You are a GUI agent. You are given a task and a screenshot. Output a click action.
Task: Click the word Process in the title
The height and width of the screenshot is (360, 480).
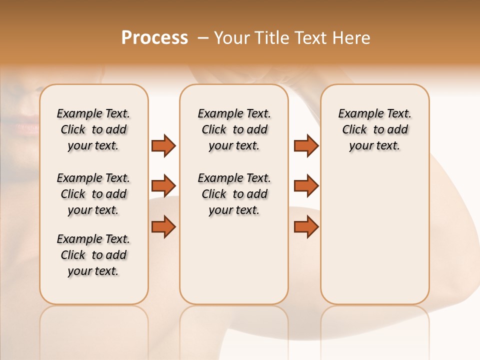154,38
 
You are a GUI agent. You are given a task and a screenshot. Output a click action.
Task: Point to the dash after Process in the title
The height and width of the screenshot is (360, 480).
202,38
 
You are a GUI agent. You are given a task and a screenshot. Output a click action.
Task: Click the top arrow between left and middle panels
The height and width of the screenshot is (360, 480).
163,145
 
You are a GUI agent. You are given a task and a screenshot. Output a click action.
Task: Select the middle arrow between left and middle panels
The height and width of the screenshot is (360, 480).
163,186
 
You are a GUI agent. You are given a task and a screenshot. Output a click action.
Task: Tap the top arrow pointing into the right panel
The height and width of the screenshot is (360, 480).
306,145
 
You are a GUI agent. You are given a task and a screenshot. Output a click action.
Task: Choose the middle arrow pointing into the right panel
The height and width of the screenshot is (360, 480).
306,186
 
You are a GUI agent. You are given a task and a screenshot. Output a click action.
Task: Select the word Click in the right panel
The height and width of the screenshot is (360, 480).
354,130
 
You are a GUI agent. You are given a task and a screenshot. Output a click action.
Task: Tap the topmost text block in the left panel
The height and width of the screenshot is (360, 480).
93,129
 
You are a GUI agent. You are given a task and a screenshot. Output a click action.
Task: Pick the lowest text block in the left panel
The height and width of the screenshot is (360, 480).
93,255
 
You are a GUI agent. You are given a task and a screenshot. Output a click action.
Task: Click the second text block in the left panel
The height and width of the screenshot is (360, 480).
93,194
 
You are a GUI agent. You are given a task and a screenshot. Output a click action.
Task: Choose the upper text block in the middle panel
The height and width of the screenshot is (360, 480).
234,129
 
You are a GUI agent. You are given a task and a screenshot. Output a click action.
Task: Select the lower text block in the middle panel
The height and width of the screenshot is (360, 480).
234,194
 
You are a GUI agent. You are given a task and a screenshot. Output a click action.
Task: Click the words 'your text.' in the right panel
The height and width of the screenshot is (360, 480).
374,146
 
